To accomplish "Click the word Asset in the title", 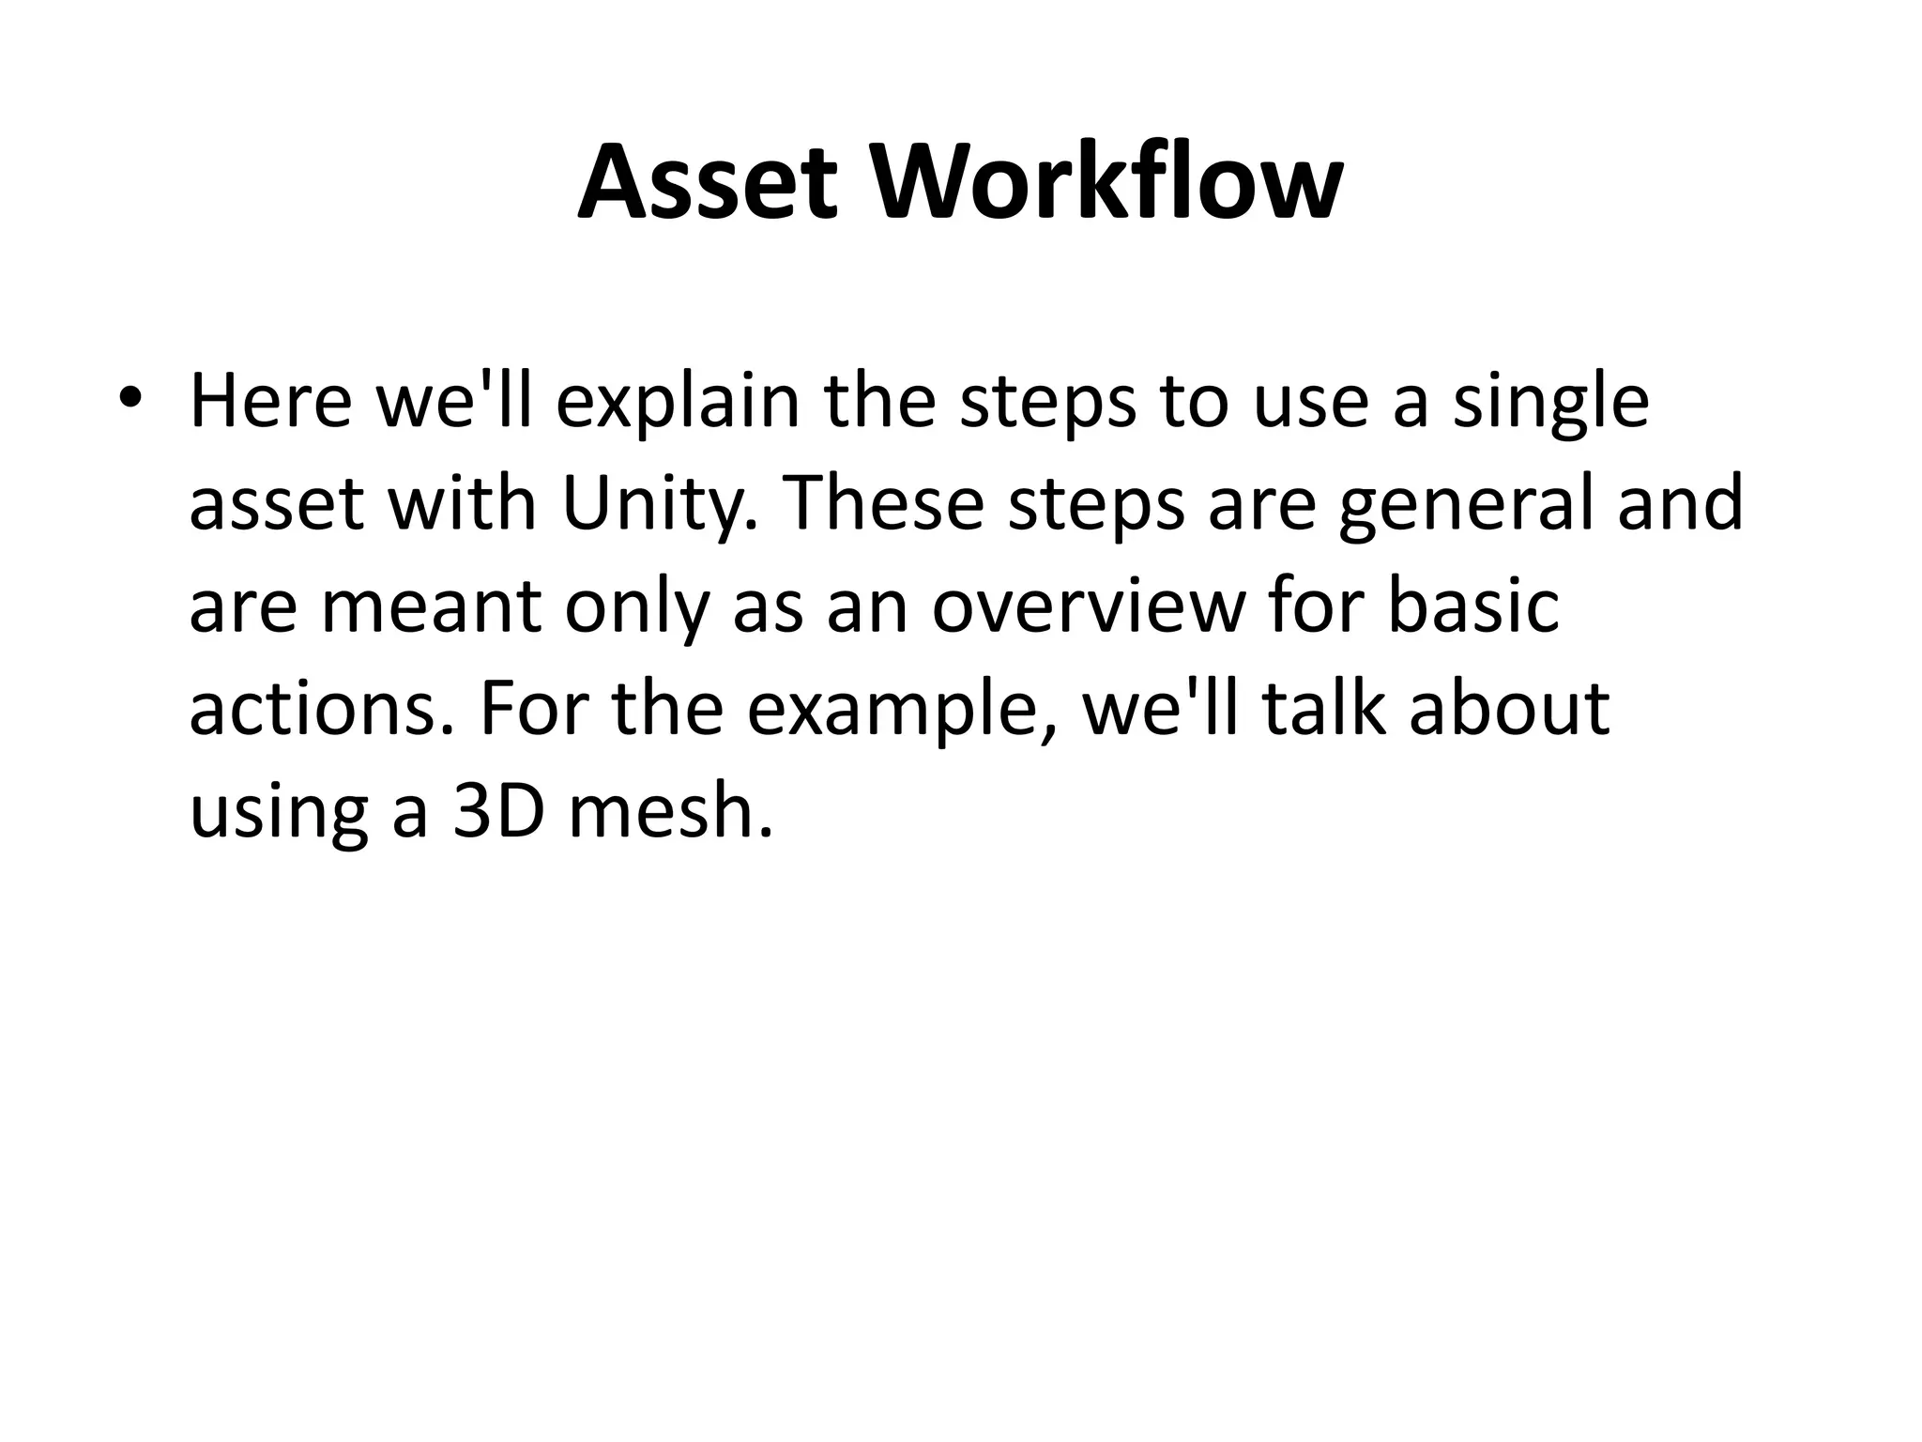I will click(x=707, y=183).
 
